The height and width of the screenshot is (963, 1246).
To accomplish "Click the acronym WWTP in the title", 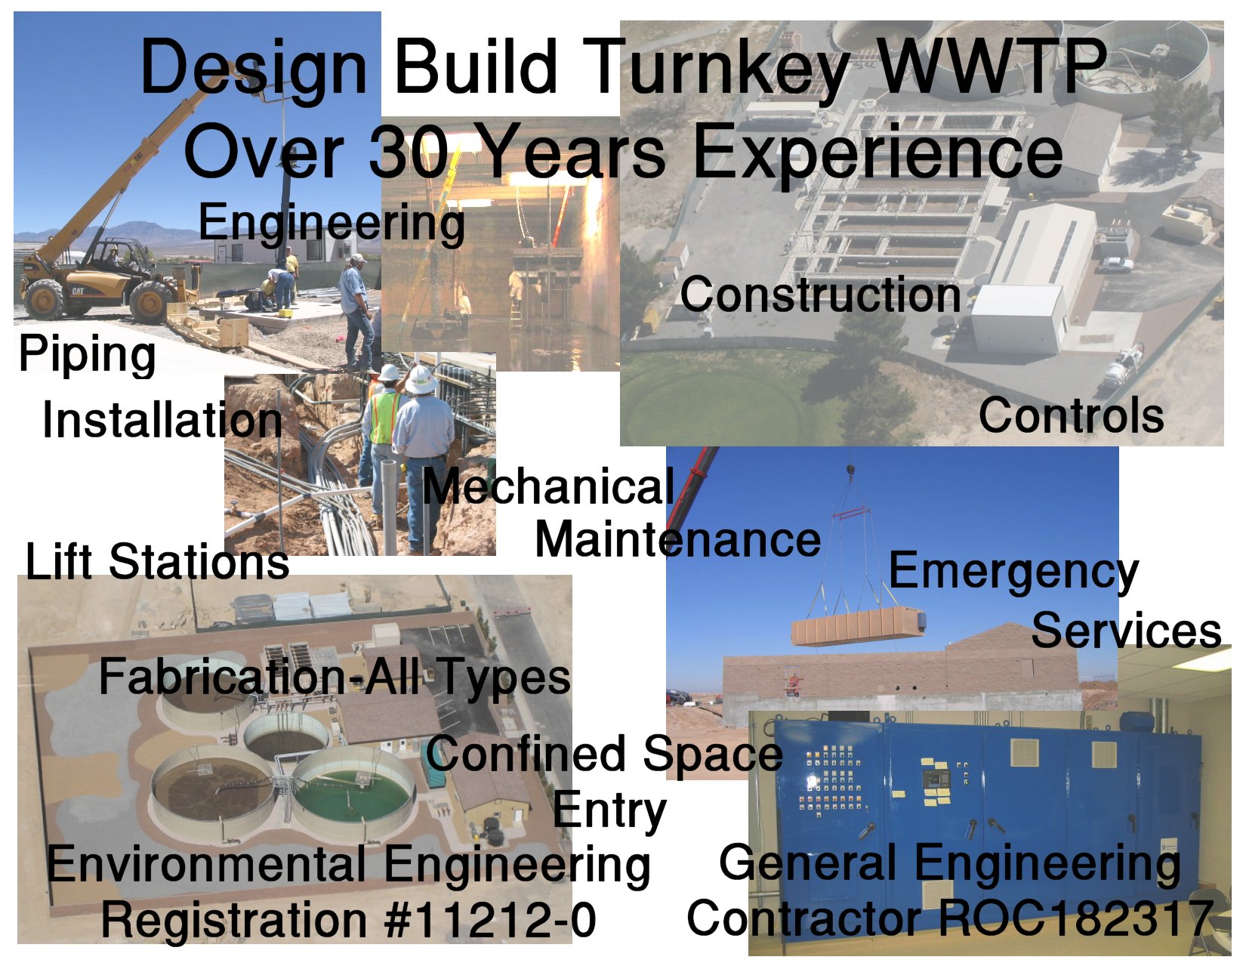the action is coord(992,66).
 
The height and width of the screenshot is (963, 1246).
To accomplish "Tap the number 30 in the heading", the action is coord(409,150).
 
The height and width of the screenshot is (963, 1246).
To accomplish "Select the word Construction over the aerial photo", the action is coord(821,295).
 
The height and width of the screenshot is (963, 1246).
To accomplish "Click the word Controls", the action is coord(1071,415).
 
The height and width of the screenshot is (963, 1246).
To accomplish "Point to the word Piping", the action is coord(87,356).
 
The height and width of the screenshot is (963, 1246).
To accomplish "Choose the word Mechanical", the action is coord(549,486).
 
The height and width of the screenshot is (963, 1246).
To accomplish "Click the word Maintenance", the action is coord(678,540).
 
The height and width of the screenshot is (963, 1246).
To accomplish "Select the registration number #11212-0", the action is coord(492,919).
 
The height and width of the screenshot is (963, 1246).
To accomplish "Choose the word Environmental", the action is coord(206,863).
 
